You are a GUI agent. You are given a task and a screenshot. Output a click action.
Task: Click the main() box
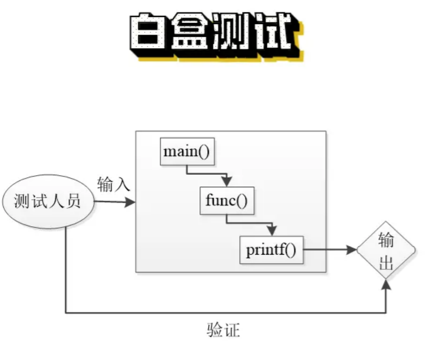[x=187, y=152]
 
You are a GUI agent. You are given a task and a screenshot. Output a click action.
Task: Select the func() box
[x=227, y=201]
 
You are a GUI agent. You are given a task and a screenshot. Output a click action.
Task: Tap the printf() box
[x=271, y=250]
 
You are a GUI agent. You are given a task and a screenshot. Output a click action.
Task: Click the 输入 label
[x=114, y=184]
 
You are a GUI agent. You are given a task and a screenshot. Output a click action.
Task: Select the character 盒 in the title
[x=189, y=34]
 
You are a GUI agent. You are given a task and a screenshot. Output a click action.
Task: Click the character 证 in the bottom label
[x=232, y=330]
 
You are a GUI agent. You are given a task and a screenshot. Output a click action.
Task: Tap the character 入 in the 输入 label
[x=122, y=184]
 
